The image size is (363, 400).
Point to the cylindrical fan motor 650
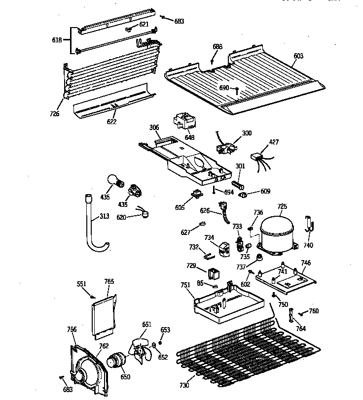tap(117, 362)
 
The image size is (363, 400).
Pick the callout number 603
tap(298, 56)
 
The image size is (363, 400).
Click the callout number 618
tap(57, 40)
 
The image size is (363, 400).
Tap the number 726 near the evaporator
tap(54, 114)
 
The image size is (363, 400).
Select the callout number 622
tap(112, 121)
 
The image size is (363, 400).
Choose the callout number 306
tap(154, 128)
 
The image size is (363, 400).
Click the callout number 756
tap(72, 330)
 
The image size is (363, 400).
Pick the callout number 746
tap(306, 263)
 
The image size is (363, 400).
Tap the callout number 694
tap(228, 192)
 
